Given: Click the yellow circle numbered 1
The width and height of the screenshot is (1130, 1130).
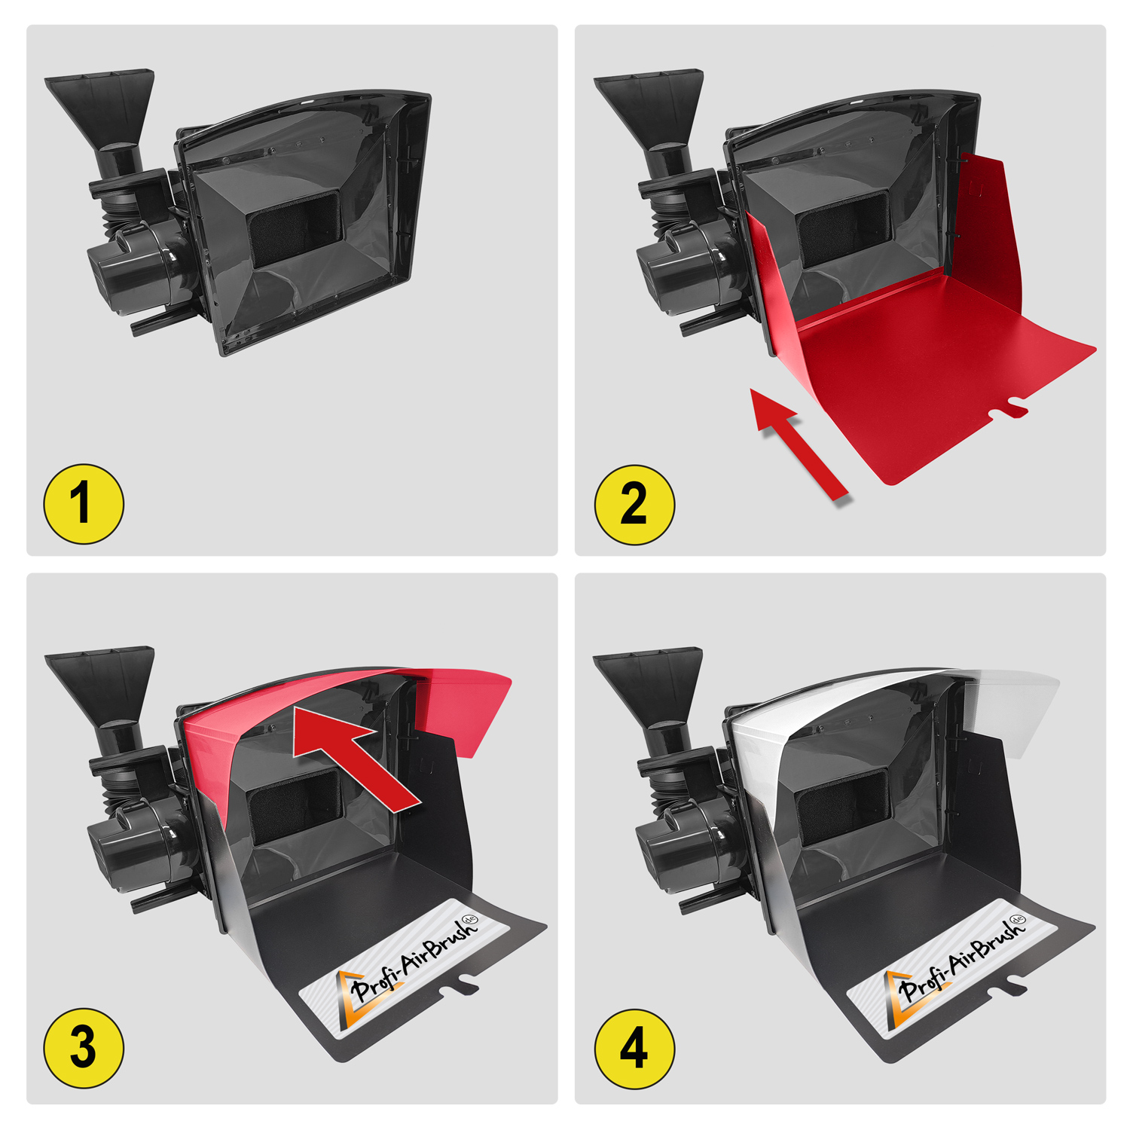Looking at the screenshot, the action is click(x=84, y=503).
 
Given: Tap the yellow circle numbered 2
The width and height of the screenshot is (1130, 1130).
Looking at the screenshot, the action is click(x=634, y=504).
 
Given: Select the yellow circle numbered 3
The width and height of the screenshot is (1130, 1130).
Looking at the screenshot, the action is click(x=84, y=1048).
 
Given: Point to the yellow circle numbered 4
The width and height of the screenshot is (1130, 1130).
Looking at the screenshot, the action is click(x=634, y=1049).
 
